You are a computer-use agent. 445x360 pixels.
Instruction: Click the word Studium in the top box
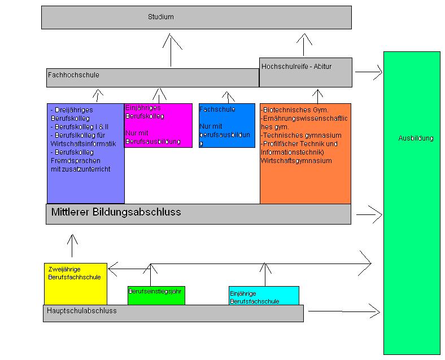(x=160, y=17)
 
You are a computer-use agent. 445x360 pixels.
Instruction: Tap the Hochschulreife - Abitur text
(x=296, y=67)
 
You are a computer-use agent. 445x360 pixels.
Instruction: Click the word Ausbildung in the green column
(x=415, y=138)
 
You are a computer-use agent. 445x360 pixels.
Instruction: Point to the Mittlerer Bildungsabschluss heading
(x=116, y=212)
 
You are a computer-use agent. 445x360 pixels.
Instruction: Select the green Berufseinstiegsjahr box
(x=156, y=295)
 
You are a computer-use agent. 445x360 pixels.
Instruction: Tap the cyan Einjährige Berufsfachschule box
(x=264, y=296)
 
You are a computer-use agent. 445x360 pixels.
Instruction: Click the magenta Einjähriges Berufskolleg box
(x=158, y=125)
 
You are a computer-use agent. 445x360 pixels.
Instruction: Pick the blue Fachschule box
(x=226, y=125)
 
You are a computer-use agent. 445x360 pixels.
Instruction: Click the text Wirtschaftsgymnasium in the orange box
(x=296, y=161)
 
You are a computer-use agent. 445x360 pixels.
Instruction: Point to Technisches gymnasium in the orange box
(x=302, y=135)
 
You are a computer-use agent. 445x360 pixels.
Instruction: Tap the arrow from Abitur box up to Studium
(x=304, y=45)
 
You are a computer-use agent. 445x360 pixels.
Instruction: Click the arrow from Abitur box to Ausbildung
(x=368, y=72)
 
